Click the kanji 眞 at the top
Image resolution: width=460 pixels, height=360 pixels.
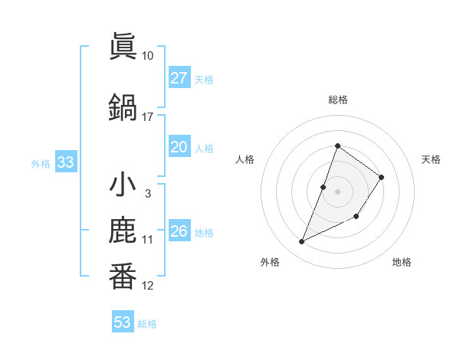pos(123,46)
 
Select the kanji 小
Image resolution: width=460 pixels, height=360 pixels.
pos(123,186)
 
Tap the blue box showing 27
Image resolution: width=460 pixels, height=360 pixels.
pos(179,78)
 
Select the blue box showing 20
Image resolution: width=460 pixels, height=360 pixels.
pos(179,147)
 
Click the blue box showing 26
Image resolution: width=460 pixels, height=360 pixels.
pos(179,231)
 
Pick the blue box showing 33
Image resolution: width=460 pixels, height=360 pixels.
pos(65,163)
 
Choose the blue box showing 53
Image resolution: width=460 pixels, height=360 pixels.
pos(123,322)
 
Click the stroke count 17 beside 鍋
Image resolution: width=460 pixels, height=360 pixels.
pos(148,117)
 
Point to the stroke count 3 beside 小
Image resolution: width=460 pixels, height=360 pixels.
pos(147,194)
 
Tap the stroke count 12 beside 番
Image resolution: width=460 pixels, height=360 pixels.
pos(148,286)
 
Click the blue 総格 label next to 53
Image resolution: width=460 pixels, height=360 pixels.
pos(147,324)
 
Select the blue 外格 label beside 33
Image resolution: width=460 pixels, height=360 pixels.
pos(41,164)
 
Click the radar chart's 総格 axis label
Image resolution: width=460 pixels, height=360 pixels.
pos(337,100)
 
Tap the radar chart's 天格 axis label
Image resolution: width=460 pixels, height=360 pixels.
pos(431,159)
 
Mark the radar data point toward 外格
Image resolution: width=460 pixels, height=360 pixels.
pos(302,242)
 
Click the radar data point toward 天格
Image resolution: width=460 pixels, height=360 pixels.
pos(381,177)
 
